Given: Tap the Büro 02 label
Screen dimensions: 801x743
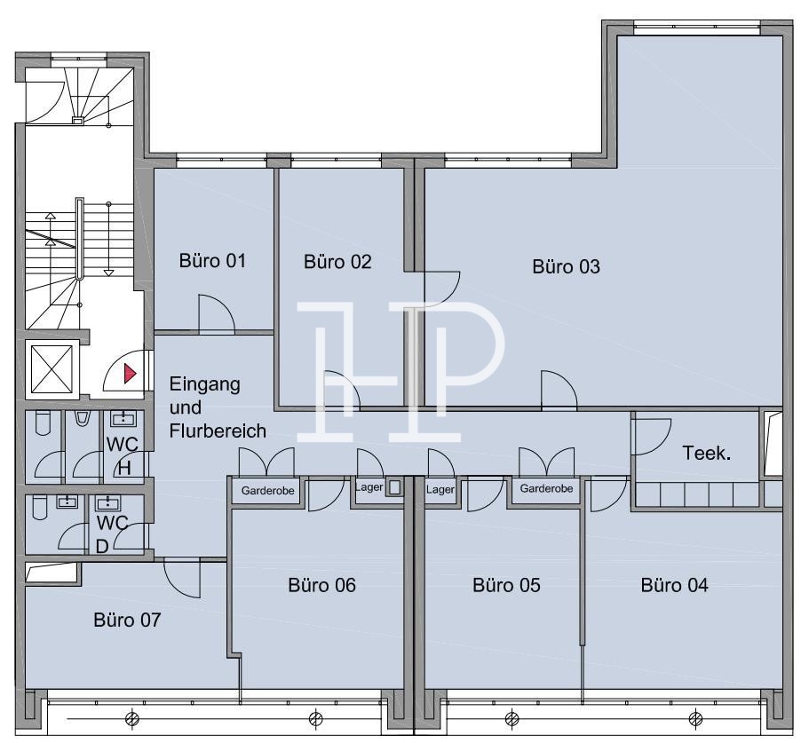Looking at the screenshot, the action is (x=337, y=262).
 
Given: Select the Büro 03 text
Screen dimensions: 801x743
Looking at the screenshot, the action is (x=566, y=266).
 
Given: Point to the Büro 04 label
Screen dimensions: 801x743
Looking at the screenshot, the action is (x=674, y=585).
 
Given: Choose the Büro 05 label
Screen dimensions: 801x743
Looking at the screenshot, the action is (x=506, y=585).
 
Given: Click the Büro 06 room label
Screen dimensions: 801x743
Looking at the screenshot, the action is (x=321, y=585).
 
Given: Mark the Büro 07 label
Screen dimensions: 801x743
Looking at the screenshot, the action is (x=127, y=620).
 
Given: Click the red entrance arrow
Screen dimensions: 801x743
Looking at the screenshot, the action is (x=131, y=374).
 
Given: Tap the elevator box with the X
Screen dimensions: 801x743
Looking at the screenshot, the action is (x=52, y=369).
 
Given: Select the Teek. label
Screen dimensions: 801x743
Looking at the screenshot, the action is (x=707, y=453).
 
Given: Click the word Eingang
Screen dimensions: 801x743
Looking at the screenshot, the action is (x=205, y=384).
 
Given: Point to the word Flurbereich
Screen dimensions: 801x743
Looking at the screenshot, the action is (x=218, y=431).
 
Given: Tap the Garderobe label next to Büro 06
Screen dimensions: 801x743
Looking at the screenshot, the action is (x=267, y=491).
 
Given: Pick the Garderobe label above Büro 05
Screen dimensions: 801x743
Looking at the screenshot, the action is (x=546, y=488).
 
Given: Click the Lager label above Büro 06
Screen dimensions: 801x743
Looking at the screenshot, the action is (x=369, y=487).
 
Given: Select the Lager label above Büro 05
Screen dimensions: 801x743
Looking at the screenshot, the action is (x=440, y=489).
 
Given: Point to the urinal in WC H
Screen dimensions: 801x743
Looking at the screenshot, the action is (x=83, y=418).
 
